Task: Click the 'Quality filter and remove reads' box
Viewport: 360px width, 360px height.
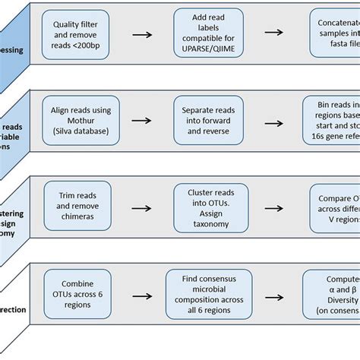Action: tap(79, 33)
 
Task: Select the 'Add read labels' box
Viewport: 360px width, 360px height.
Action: tap(208, 33)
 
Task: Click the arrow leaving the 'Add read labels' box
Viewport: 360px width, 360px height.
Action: tap(273, 33)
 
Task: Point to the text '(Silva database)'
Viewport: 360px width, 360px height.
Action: tap(79, 131)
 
